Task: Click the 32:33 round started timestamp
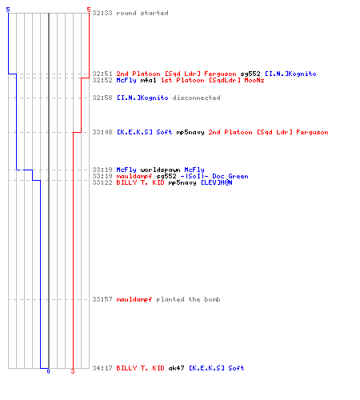[x=102, y=13]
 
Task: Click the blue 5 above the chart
[x=8, y=10]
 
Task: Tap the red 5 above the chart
[x=89, y=10]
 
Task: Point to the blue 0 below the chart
[x=48, y=371]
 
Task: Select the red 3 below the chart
[x=73, y=371]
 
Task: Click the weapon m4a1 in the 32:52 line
[x=148, y=80]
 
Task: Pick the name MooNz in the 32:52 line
[x=254, y=80]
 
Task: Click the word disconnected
[x=196, y=98]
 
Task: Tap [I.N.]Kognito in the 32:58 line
[x=142, y=98]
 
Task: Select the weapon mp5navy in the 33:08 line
[x=190, y=132]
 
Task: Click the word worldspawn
[x=160, y=170]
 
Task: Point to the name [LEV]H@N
[x=216, y=182]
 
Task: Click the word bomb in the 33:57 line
[x=212, y=299]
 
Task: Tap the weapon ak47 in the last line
[x=176, y=368]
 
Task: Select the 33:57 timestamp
[x=102, y=299]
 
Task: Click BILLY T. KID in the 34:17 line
[x=140, y=368]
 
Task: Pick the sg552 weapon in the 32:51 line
[x=250, y=74]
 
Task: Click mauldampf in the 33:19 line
[x=134, y=176]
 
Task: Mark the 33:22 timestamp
[x=102, y=182]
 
